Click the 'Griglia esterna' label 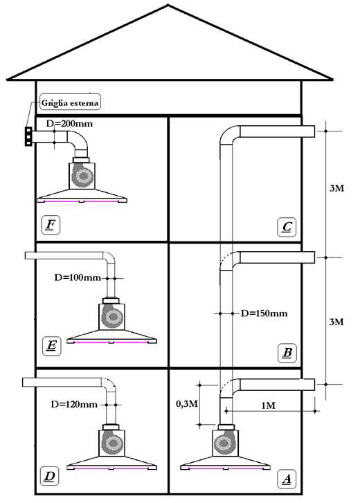point(70,102)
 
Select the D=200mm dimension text point(69,124)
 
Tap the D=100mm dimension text point(78,277)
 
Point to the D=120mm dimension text point(74,404)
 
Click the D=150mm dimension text point(264,313)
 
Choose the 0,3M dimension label point(187,404)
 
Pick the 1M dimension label point(268,405)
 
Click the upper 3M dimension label point(336,188)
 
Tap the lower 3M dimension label point(336,322)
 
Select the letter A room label point(287,479)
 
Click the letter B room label point(287,353)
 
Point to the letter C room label point(287,228)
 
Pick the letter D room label point(50,476)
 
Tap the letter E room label point(51,346)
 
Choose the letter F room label point(51,225)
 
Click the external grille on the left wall point(28,136)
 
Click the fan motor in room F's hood point(82,176)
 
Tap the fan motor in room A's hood point(224,443)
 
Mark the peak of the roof point(168,5)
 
